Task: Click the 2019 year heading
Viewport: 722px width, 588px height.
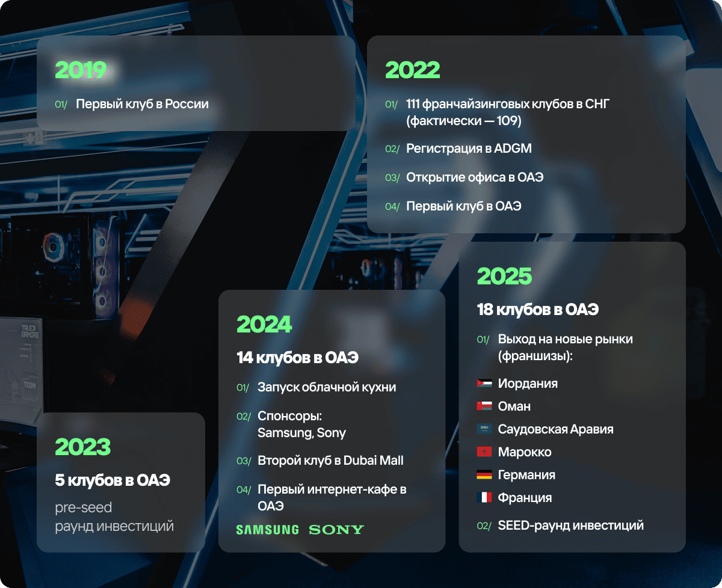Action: tap(81, 70)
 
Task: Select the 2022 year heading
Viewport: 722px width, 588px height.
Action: tap(413, 70)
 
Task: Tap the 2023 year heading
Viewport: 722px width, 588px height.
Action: tap(82, 447)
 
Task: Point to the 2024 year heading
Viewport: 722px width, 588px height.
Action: tap(264, 324)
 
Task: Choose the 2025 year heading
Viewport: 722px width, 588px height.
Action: tap(504, 276)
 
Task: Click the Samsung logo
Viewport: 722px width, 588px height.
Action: tap(268, 530)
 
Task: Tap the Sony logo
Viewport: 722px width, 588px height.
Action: tap(336, 530)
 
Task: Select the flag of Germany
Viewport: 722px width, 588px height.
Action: tap(484, 474)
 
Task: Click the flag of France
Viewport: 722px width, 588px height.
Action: tap(484, 497)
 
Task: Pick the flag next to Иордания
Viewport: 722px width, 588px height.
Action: tap(484, 383)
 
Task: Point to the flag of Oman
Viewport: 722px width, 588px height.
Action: tap(484, 406)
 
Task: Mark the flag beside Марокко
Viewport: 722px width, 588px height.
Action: tap(484, 452)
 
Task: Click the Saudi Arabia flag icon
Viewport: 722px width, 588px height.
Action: tap(484, 429)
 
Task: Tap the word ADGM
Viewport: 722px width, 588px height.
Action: tap(513, 149)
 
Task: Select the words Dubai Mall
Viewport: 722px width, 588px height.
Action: tap(373, 461)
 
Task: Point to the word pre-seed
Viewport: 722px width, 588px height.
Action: tap(84, 507)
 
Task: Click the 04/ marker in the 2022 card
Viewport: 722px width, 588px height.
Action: tap(392, 207)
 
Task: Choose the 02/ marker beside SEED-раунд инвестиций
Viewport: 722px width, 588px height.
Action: tap(484, 525)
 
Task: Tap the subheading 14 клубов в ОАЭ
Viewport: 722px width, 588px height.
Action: tap(297, 357)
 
